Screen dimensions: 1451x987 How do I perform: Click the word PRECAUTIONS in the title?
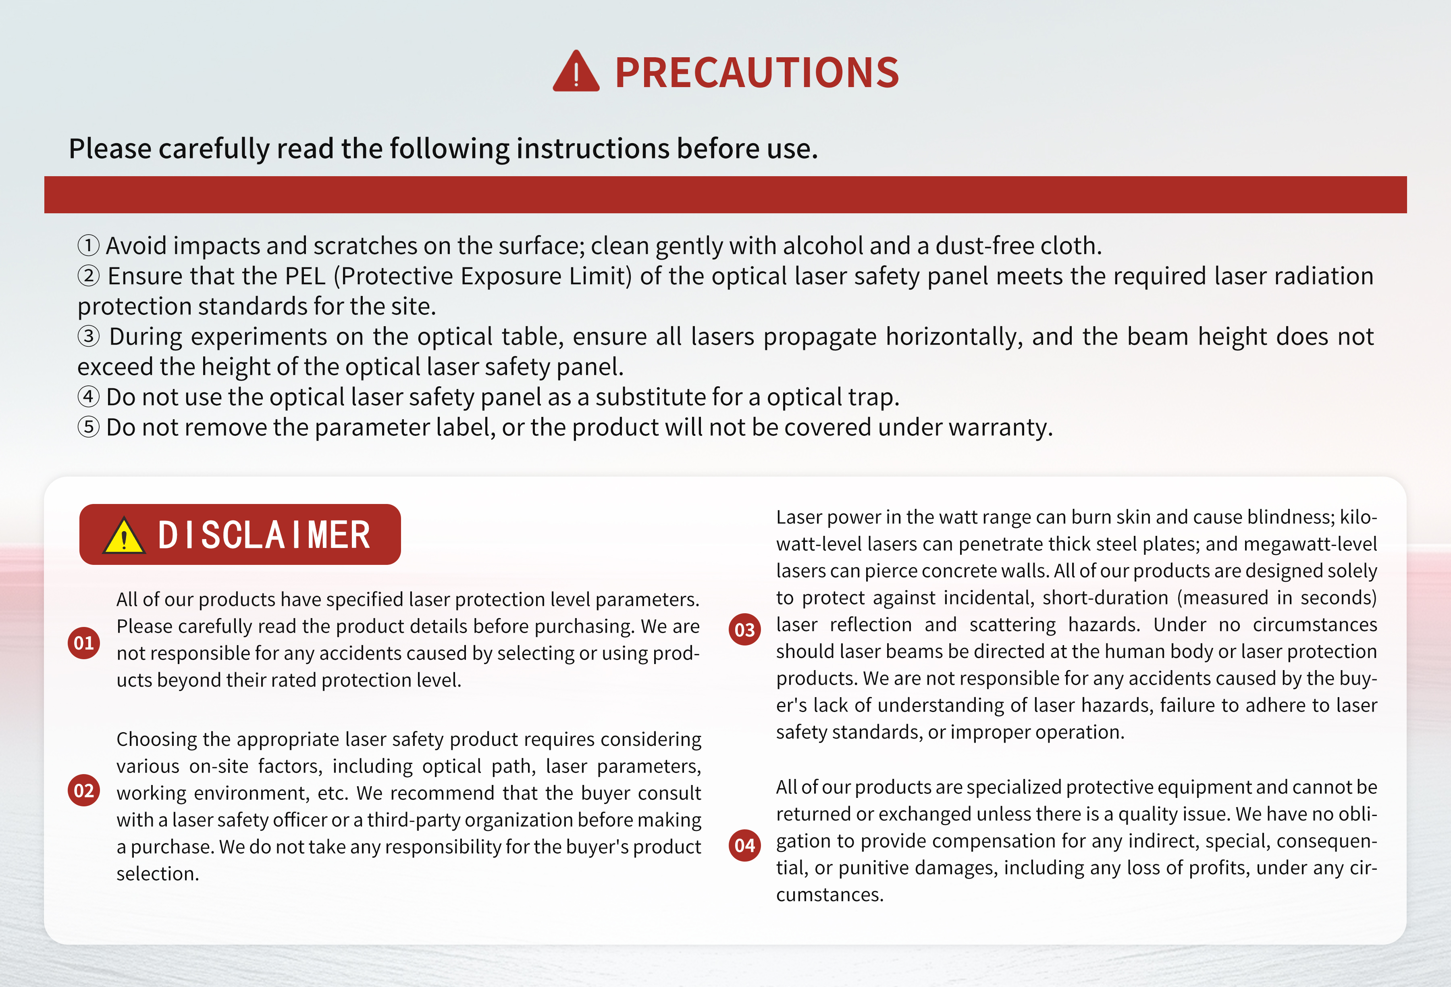point(757,73)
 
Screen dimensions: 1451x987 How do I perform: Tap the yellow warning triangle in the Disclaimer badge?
point(124,536)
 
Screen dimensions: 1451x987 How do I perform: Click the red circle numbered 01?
point(84,643)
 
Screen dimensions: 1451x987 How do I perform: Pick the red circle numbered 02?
point(84,790)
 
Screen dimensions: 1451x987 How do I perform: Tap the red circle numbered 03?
point(745,630)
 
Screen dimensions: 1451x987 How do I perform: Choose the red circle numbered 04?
point(745,845)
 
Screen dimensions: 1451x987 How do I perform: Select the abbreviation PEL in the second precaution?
point(305,276)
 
